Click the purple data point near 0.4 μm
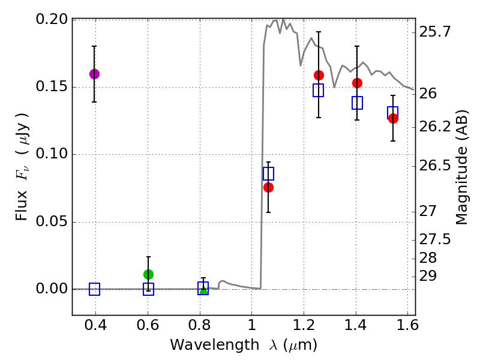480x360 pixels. tap(94, 74)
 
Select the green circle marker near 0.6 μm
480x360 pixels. tap(148, 274)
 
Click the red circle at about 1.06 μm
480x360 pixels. tap(268, 187)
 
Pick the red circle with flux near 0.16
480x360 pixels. tap(319, 75)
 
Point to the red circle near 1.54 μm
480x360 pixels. tap(393, 118)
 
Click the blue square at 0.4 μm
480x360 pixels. tap(94, 289)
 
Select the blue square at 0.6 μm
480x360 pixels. tap(148, 289)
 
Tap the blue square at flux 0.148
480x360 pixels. tap(319, 90)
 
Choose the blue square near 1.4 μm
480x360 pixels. tap(357, 103)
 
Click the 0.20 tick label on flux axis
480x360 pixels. tap(52, 19)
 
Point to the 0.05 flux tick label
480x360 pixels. tap(52, 222)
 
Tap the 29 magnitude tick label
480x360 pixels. tap(428, 276)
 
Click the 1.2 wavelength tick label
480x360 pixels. tap(304, 328)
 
